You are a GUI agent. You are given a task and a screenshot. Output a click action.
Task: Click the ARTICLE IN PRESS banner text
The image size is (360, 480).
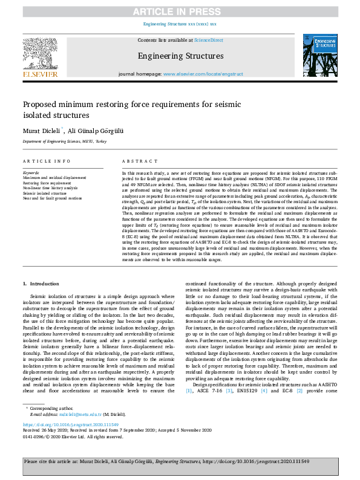tap(180, 10)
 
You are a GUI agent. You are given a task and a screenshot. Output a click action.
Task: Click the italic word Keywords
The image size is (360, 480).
tap(30, 171)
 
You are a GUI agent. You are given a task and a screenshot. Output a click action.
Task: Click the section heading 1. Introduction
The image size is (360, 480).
tap(41, 284)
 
